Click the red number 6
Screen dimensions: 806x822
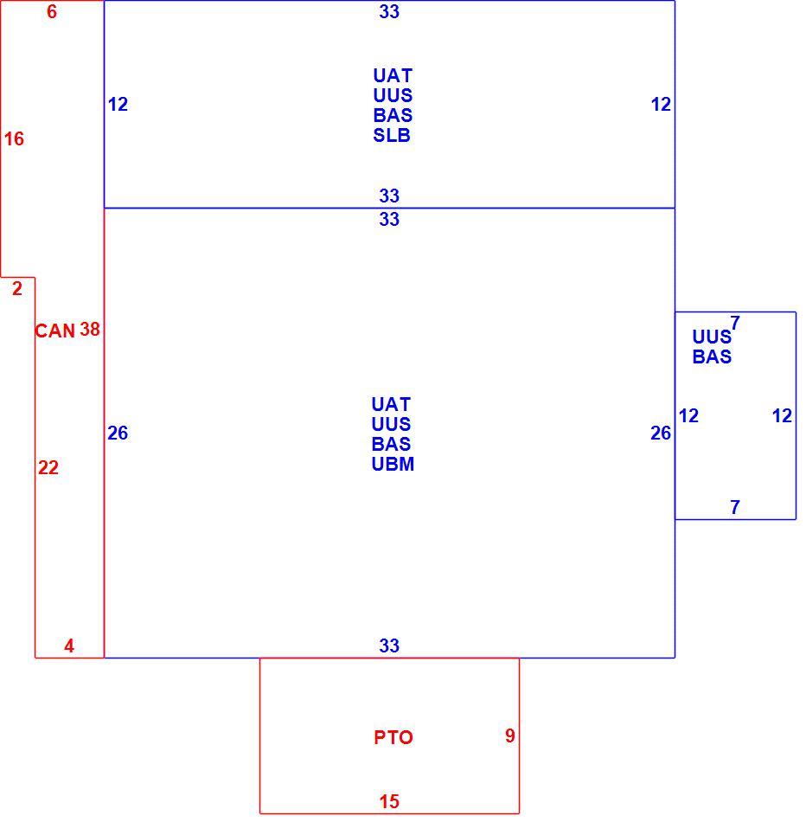51,11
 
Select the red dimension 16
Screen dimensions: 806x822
14,139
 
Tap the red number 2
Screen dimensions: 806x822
17,288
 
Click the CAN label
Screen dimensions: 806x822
55,331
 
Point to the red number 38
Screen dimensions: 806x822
90,329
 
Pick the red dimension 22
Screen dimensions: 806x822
48,467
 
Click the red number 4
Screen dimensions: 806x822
69,645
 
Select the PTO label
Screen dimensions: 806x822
393,737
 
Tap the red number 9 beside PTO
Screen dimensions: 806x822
510,735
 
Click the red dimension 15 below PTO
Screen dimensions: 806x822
389,801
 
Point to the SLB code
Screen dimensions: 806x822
392,135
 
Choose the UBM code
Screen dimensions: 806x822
393,464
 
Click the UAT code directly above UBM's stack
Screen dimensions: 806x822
391,404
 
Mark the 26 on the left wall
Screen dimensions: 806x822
118,433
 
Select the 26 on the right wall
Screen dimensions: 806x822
661,433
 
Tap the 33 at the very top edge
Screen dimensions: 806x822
389,11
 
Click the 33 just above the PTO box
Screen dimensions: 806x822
389,645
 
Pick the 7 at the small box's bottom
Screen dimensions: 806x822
735,507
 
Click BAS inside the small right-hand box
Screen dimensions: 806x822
713,356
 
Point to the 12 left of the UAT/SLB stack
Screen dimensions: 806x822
118,105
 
